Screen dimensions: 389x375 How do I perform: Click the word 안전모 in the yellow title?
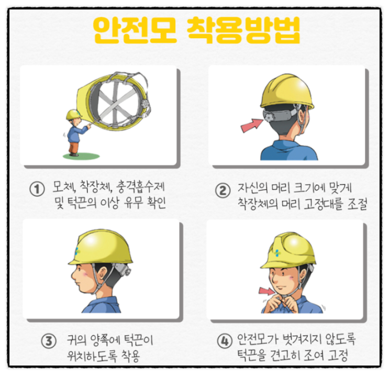pyautogui.click(x=135, y=31)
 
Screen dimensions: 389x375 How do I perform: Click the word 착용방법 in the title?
pyautogui.click(x=243, y=31)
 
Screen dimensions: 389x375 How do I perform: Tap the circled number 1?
pyautogui.click(x=37, y=190)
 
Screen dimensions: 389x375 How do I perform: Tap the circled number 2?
pyautogui.click(x=223, y=191)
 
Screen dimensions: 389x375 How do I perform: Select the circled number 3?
pyautogui.click(x=49, y=341)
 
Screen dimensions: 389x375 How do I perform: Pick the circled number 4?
pyautogui.click(x=225, y=341)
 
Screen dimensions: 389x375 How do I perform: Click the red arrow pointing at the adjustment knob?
pyautogui.click(x=251, y=125)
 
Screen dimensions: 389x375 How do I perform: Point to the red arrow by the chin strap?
pyautogui.click(x=266, y=291)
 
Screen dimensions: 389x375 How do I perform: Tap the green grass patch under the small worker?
pyautogui.click(x=81, y=156)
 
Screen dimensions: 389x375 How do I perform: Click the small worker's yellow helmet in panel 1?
pyautogui.click(x=73, y=114)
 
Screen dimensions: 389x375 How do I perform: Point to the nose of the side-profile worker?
pyautogui.click(x=73, y=275)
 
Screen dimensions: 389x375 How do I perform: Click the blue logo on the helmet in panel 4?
pyautogui.click(x=277, y=253)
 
